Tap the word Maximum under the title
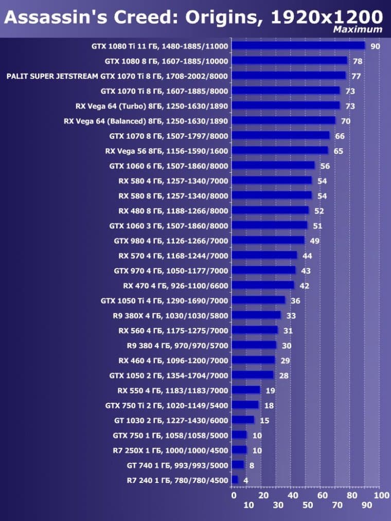pos(358,30)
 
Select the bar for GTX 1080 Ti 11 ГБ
pos(298,46)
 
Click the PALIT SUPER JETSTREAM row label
pos(117,76)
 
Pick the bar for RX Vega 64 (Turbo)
pos(286,106)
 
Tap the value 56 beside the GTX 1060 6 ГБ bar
pos(325,166)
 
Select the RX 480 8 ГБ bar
pos(270,211)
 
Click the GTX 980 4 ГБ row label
pos(171,241)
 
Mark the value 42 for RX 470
pos(304,286)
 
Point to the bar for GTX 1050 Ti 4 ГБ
pos(258,300)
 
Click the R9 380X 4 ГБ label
pos(170,315)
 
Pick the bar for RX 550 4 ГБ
pos(246,390)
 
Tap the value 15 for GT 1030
pos(264,420)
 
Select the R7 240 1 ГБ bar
pos(235,480)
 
